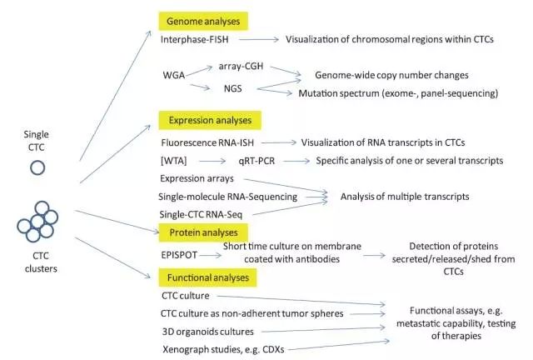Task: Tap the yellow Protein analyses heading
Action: click(x=203, y=231)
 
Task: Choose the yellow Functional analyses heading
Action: click(x=212, y=274)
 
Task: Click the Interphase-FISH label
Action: click(x=196, y=38)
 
